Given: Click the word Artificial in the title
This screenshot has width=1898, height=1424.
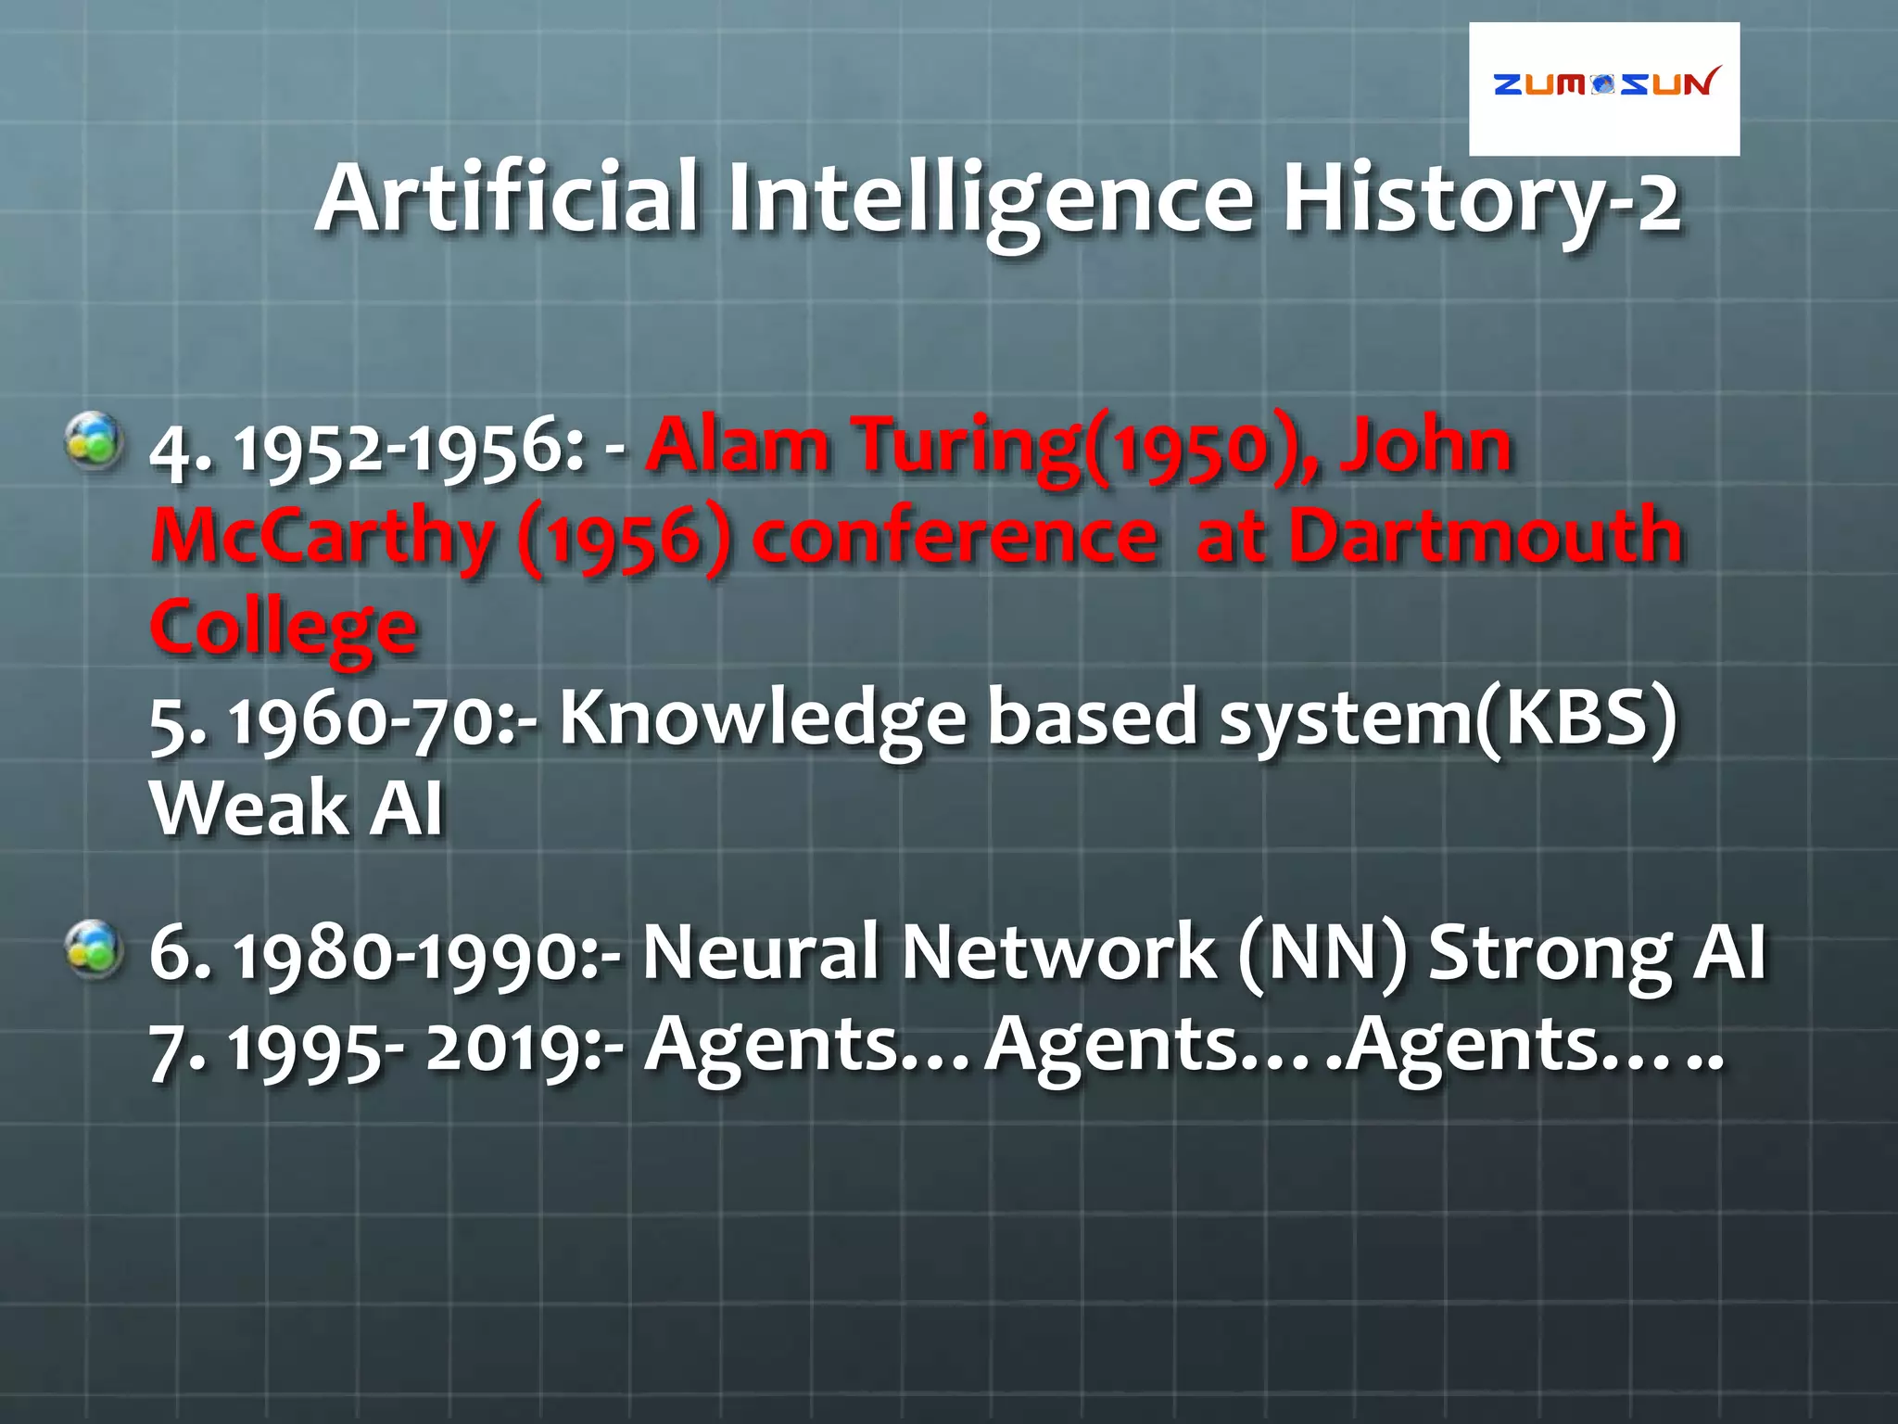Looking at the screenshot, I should pos(508,197).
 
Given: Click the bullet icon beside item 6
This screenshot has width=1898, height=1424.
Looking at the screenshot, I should pos(94,949).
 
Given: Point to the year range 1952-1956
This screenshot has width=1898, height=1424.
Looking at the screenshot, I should pos(409,449).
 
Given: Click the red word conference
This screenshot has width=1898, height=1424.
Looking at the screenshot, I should pos(955,537).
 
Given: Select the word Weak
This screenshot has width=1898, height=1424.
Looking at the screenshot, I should pos(247,807).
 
